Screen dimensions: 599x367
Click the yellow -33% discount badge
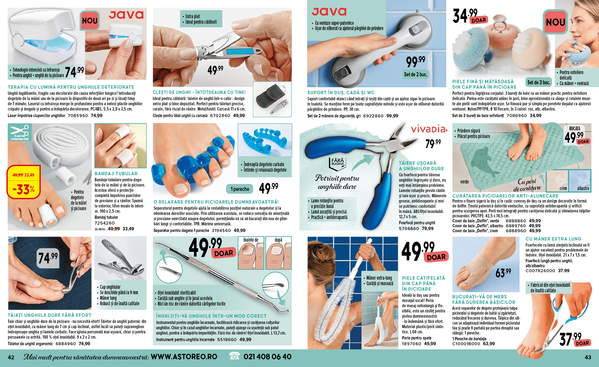pos(24,182)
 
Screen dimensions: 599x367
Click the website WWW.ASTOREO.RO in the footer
pos(184,357)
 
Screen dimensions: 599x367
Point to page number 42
pos(11,357)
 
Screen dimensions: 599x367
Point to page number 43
pos(588,357)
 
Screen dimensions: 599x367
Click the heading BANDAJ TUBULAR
pos(116,174)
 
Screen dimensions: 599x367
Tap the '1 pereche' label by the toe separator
pos(240,189)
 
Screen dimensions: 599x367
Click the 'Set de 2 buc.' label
pos(415,74)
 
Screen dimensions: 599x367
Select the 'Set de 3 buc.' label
pos(538,82)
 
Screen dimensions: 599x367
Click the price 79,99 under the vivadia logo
pos(433,143)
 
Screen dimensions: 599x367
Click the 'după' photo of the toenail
pos(278,253)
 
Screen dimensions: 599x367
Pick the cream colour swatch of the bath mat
pos(557,181)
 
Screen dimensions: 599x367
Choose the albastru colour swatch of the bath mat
pos(580,181)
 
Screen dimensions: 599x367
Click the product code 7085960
pos(78,116)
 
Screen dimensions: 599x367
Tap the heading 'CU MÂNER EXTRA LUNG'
pos(553,239)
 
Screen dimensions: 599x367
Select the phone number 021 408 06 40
pos(267,357)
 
